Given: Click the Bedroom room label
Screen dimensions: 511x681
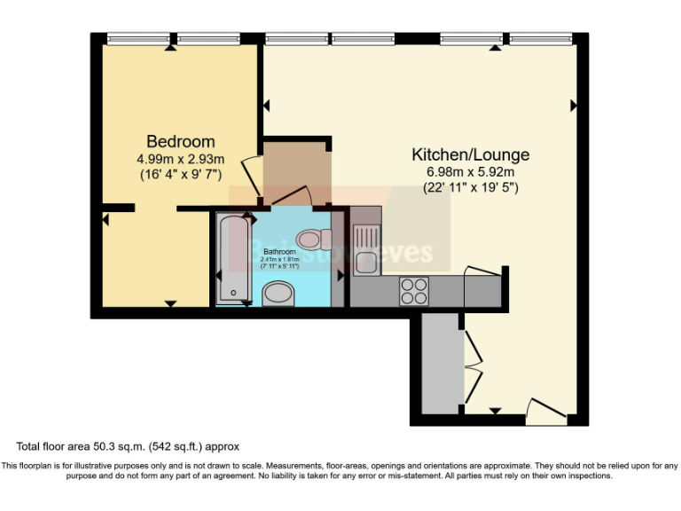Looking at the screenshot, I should [180, 141].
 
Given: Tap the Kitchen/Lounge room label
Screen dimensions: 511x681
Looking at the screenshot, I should [470, 154].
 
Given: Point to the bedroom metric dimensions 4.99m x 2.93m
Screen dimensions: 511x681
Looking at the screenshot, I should [180, 159].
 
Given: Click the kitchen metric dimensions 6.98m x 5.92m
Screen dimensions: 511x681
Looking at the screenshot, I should [470, 172].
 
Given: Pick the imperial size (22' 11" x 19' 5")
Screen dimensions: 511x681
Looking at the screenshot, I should [470, 188].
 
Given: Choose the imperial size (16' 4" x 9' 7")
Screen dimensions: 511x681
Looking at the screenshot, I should [180, 175].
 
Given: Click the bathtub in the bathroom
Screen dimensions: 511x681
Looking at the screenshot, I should [234, 258].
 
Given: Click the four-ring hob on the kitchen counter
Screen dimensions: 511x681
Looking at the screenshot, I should [413, 291].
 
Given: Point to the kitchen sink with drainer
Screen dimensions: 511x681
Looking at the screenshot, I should [365, 248].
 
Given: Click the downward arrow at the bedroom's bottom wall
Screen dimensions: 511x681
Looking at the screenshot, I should [169, 304].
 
